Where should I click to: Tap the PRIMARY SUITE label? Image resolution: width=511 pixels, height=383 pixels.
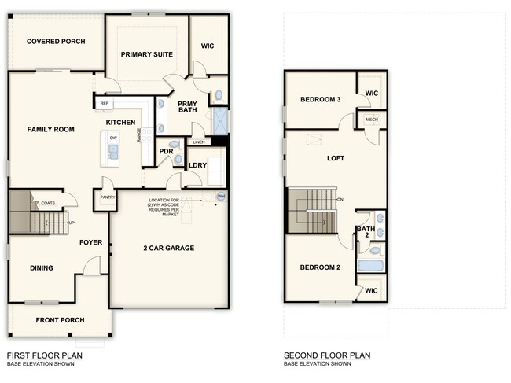coord(146,54)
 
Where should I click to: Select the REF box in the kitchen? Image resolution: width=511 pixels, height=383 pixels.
coord(104,103)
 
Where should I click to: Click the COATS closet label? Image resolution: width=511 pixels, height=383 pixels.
coord(48,203)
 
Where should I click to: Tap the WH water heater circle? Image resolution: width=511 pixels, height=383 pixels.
coord(221,196)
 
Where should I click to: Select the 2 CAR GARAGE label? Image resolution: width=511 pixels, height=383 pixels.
coord(168,248)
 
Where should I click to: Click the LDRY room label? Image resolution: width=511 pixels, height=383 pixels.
coord(197,164)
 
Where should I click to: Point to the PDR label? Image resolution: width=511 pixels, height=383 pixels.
coord(166,150)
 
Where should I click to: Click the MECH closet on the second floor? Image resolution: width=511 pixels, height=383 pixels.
coord(371,120)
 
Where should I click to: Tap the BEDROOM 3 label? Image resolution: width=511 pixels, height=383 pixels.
coord(320,100)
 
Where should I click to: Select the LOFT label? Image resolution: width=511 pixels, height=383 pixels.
coord(336,158)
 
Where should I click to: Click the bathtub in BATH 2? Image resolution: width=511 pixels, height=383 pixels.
coord(370,266)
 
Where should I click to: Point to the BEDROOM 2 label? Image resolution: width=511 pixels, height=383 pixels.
coord(320,267)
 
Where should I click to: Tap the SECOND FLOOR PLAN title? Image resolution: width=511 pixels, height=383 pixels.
coord(326,355)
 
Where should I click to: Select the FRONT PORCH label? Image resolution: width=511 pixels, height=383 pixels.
coord(61,320)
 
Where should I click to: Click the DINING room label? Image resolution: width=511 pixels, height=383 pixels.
coord(42,268)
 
